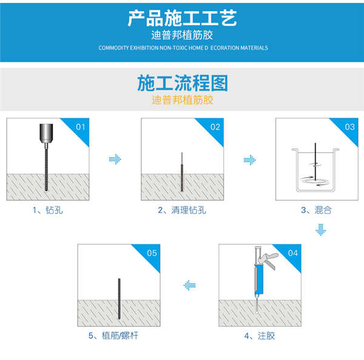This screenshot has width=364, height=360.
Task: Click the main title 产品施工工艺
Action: pyautogui.click(x=182, y=18)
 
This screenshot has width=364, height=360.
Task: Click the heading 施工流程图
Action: pyautogui.click(x=182, y=82)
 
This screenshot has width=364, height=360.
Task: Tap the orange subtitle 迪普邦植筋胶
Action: pyautogui.click(x=182, y=99)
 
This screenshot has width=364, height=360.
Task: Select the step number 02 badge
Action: pyautogui.click(x=215, y=127)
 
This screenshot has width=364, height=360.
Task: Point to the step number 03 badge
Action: pyautogui.click(x=349, y=127)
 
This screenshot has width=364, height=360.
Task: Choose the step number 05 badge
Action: pyautogui.click(x=152, y=252)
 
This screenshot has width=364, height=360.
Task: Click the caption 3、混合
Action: pyautogui.click(x=316, y=210)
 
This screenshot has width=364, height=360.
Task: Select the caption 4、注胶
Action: pyautogui.click(x=260, y=335)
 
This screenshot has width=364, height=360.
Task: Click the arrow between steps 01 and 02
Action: pyautogui.click(x=115, y=159)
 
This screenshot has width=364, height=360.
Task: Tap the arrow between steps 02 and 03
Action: pyautogui.click(x=249, y=160)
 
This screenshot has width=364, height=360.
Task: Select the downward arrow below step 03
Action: pyautogui.click(x=321, y=230)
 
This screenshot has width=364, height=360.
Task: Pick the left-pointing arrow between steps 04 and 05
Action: pyautogui.click(x=190, y=284)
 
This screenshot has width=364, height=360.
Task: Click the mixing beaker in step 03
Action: pyautogui.click(x=316, y=170)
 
